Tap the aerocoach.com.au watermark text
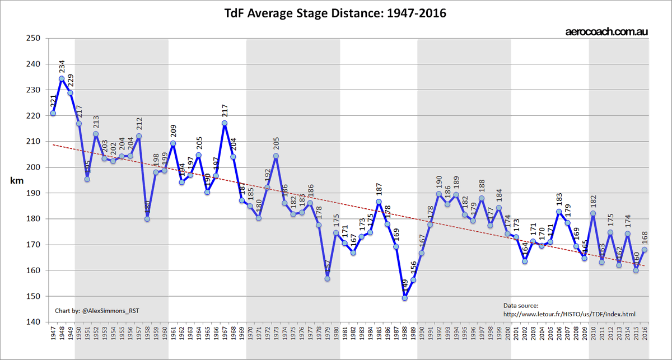(x=606, y=32)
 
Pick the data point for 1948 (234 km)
(x=62, y=79)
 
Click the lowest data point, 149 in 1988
(x=404, y=298)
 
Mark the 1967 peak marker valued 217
(x=224, y=123)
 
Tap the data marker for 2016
(x=644, y=250)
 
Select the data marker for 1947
(x=53, y=113)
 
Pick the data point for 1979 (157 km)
(x=327, y=279)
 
